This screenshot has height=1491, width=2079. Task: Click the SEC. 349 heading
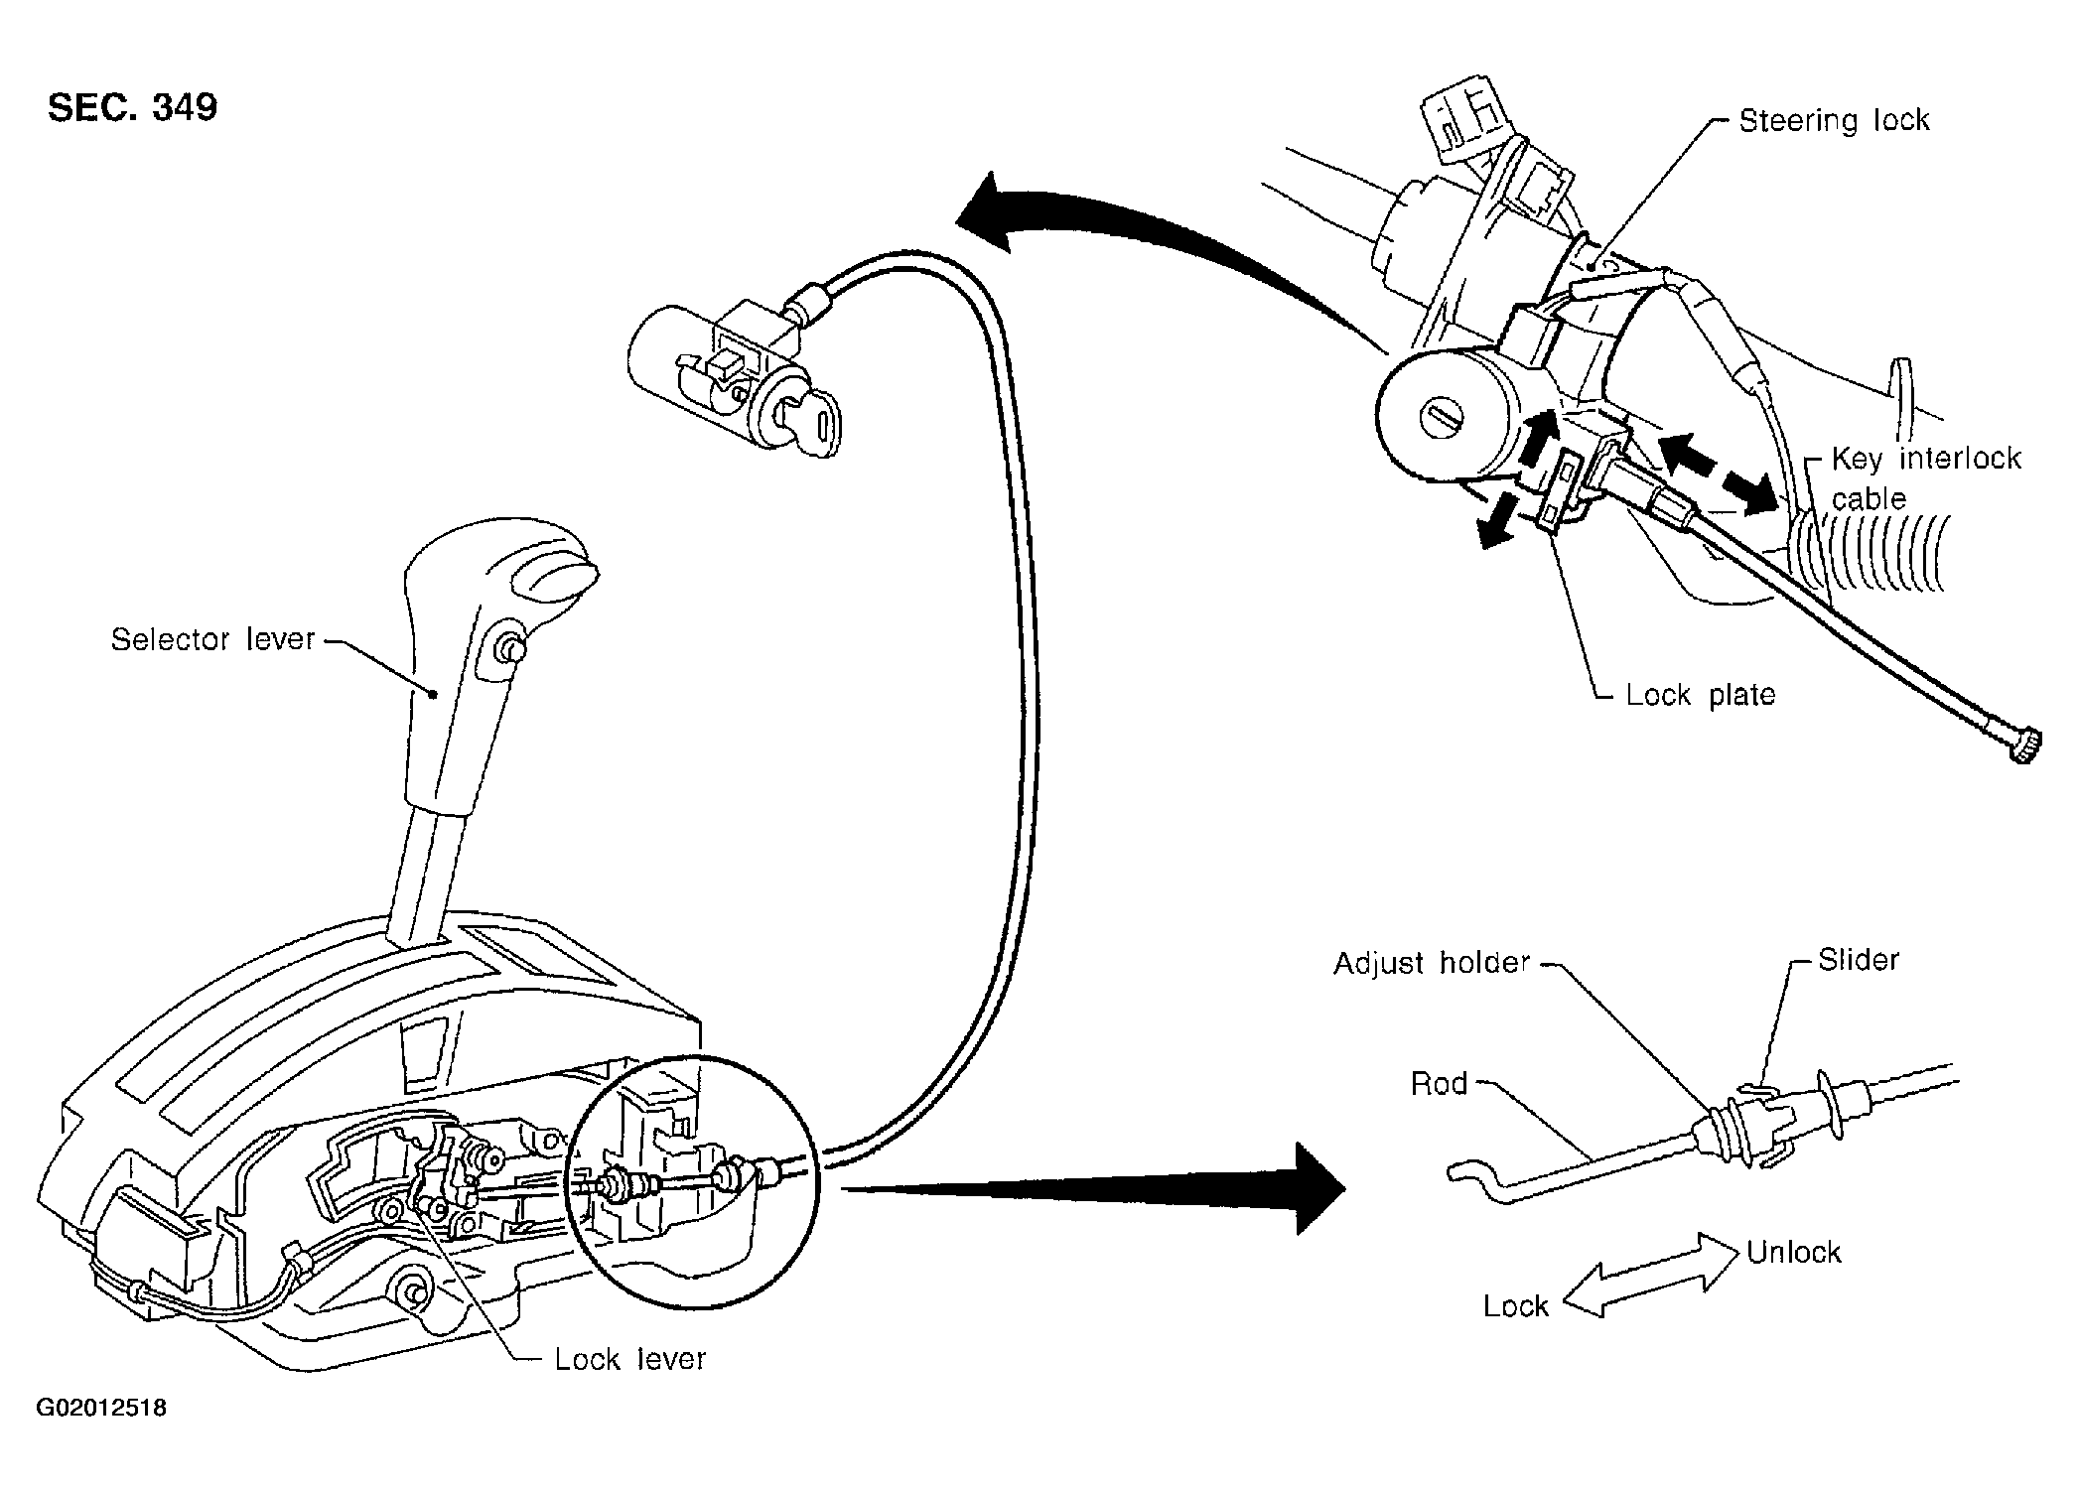click(132, 107)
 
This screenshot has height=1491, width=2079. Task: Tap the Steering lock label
click(1834, 120)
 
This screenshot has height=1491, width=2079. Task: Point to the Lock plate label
click(1700, 694)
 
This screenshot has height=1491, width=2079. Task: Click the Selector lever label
click(212, 639)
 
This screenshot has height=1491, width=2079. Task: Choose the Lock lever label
click(630, 1358)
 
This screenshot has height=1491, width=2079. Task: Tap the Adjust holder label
click(1432, 963)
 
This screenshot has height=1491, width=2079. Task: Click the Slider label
click(1859, 959)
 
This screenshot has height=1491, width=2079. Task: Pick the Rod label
click(1439, 1083)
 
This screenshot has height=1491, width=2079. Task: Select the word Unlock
click(1793, 1252)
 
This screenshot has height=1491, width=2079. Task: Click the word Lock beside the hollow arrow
click(1515, 1305)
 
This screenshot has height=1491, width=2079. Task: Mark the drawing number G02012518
click(101, 1409)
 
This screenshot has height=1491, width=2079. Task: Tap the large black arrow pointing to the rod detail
click(1092, 1187)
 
